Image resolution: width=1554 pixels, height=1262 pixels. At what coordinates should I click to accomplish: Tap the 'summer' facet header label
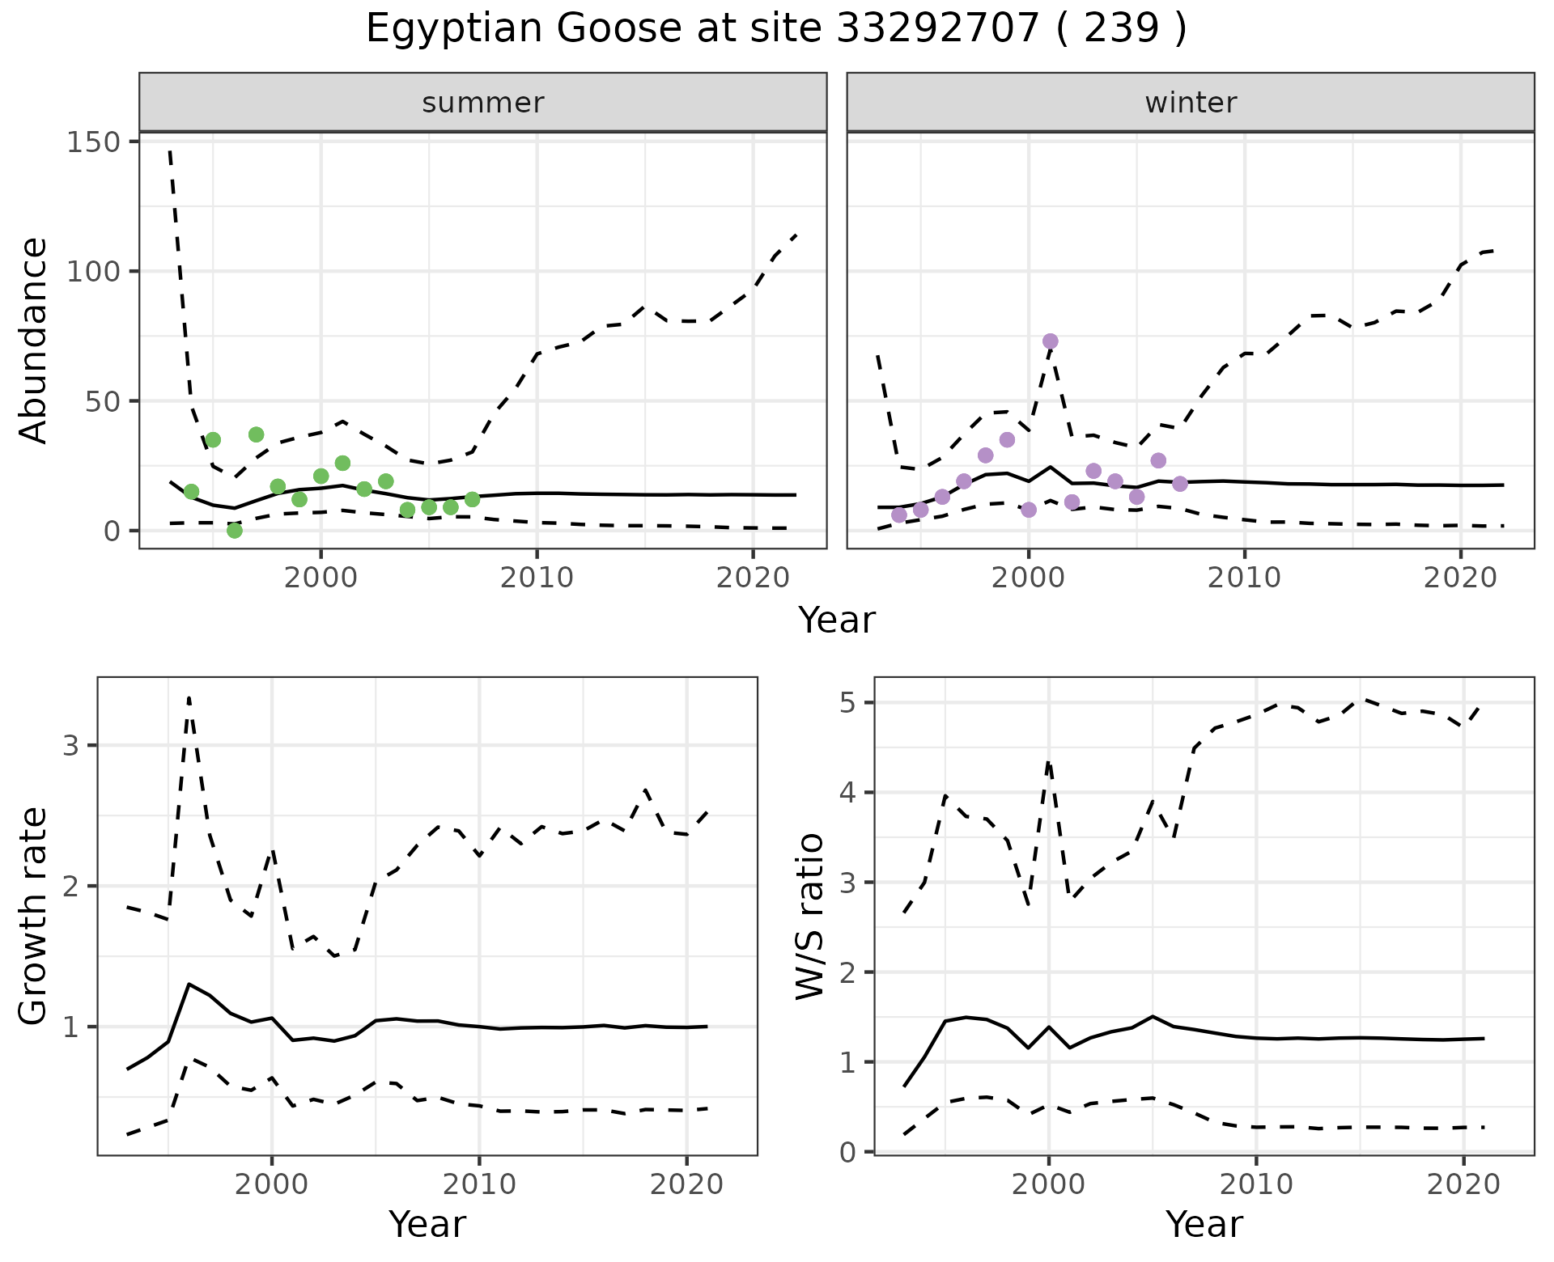(483, 103)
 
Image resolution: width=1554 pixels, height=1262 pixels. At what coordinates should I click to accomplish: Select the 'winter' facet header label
(1191, 103)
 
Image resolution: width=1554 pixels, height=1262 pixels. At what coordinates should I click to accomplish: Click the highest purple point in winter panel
(1051, 341)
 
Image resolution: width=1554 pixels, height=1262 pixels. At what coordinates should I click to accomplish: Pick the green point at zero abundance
(235, 531)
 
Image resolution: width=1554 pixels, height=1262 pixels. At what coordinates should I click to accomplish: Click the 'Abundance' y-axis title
(34, 341)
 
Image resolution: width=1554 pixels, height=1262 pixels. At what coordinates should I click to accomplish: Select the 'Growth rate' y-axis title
(34, 916)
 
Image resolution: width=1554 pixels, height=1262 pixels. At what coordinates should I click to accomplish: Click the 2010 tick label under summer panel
(537, 578)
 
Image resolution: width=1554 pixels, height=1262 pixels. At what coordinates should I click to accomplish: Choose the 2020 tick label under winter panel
(1461, 578)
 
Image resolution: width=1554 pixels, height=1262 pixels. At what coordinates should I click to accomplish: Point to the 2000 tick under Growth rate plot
(272, 1184)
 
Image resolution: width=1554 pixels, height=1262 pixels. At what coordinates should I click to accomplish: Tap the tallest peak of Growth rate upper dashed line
(189, 697)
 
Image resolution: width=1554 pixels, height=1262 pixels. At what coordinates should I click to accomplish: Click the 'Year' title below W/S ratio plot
(1204, 1224)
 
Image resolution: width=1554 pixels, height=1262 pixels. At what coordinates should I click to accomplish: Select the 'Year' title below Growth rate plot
(427, 1224)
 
